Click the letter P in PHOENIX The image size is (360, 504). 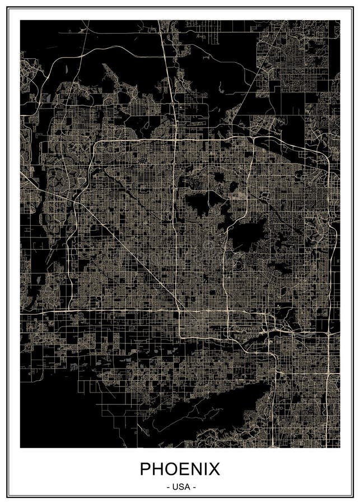[x=146, y=469]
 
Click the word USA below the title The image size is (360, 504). [x=180, y=487]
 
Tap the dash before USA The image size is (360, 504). [x=168, y=487]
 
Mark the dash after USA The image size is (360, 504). [x=193, y=487]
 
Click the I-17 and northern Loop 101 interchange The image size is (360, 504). [x=175, y=139]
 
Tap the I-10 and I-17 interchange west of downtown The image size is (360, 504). [x=179, y=310]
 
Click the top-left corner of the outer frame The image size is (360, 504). [x=7, y=7]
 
